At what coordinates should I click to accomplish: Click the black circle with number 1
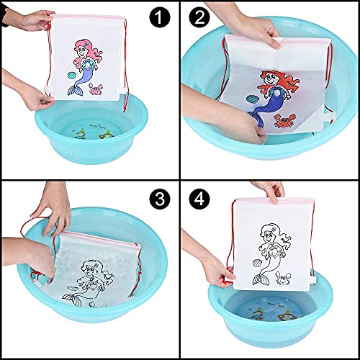(160, 17)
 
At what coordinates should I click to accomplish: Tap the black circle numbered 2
(199, 17)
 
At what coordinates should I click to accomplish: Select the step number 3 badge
(160, 199)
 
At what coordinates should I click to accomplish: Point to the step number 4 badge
(199, 199)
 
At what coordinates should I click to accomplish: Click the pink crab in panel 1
(96, 89)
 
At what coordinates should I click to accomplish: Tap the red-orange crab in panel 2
(283, 120)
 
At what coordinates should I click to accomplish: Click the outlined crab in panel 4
(282, 278)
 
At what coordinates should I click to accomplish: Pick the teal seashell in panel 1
(72, 76)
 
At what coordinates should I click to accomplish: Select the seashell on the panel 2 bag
(252, 99)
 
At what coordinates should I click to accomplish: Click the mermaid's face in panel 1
(81, 52)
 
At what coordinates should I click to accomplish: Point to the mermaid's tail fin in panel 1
(73, 91)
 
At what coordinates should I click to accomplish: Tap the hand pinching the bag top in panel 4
(271, 192)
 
